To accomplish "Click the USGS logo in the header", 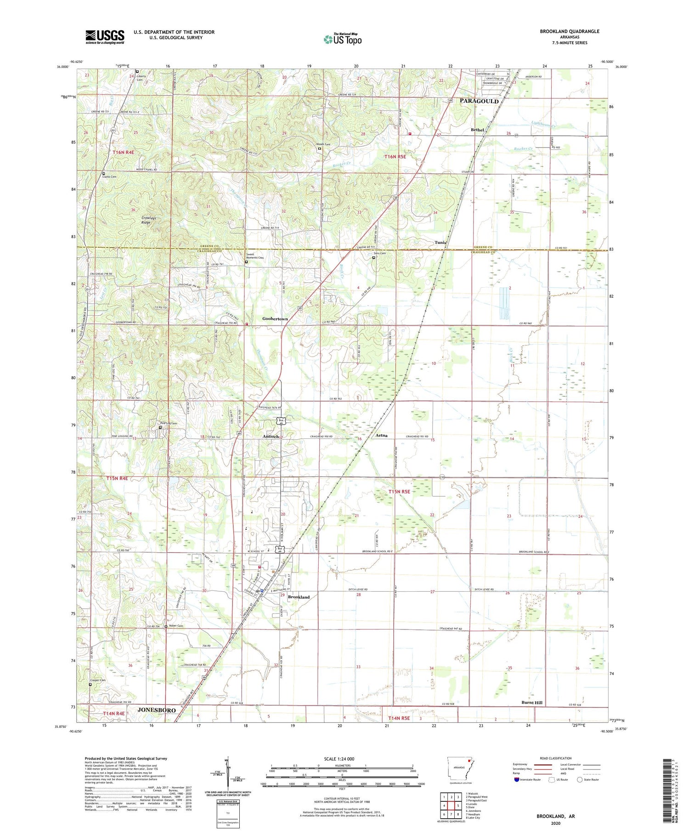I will point(105,37).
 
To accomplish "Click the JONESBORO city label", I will point(157,710).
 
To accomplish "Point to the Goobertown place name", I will point(275,319).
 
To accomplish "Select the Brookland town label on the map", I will point(299,597).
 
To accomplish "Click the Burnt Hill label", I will point(532,703).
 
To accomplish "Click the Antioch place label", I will point(271,436).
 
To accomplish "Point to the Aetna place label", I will point(381,435).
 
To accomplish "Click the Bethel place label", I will point(477,130).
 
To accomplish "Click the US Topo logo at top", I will point(343,39).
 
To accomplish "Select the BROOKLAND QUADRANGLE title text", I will point(570,31).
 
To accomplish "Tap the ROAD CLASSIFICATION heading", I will point(556,758).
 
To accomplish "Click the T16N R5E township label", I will point(395,157).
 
